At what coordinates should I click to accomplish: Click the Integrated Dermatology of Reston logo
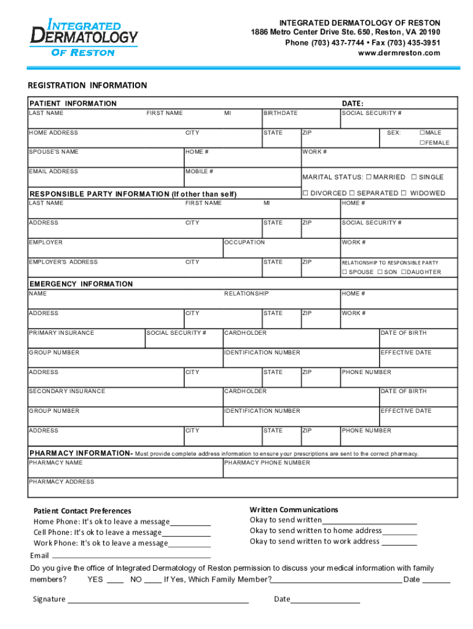pos(84,37)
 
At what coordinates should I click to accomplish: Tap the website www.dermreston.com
pos(399,53)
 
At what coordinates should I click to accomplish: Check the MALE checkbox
pos(422,133)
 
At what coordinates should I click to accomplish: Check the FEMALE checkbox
pos(422,143)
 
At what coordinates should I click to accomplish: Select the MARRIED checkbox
pos(369,177)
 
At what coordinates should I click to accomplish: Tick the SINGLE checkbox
pos(414,177)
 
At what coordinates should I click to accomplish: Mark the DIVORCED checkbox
pos(305,193)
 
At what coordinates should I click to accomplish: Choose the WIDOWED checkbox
pos(404,193)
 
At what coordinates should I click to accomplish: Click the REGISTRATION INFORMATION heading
pos(88,85)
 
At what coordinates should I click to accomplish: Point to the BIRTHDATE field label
pos(281,114)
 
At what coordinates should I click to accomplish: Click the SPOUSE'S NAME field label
pos(53,152)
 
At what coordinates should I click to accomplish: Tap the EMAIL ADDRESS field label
pos(53,171)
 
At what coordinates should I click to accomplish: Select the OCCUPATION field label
pos(244,243)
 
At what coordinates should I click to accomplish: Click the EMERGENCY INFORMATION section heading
pos(81,284)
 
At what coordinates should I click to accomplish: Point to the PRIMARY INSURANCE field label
pos(61,333)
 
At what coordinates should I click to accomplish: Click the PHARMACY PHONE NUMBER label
pos(267,463)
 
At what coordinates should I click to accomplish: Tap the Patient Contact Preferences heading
pos(82,510)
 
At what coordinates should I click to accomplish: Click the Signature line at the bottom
pos(158,600)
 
